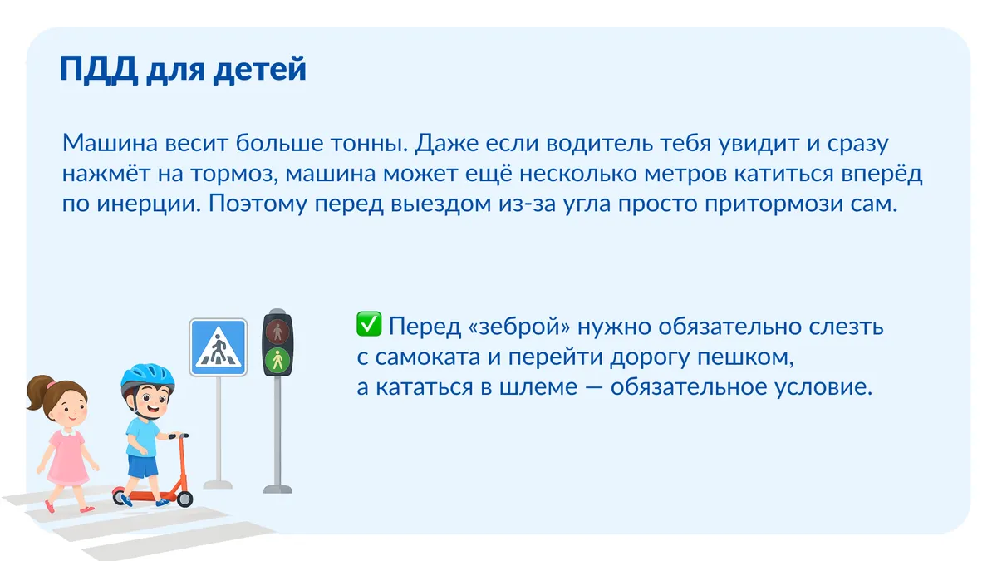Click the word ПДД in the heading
98,70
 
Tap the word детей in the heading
260,70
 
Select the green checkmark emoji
369,323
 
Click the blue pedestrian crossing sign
218,347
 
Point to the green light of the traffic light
277,360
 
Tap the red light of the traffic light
277,332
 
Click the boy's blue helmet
147,380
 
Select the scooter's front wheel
184,499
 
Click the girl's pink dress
67,459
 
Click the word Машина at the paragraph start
110,143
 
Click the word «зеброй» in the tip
519,327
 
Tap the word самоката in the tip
427,357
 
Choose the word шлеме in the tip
538,387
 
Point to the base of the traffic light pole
277,490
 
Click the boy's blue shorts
142,465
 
